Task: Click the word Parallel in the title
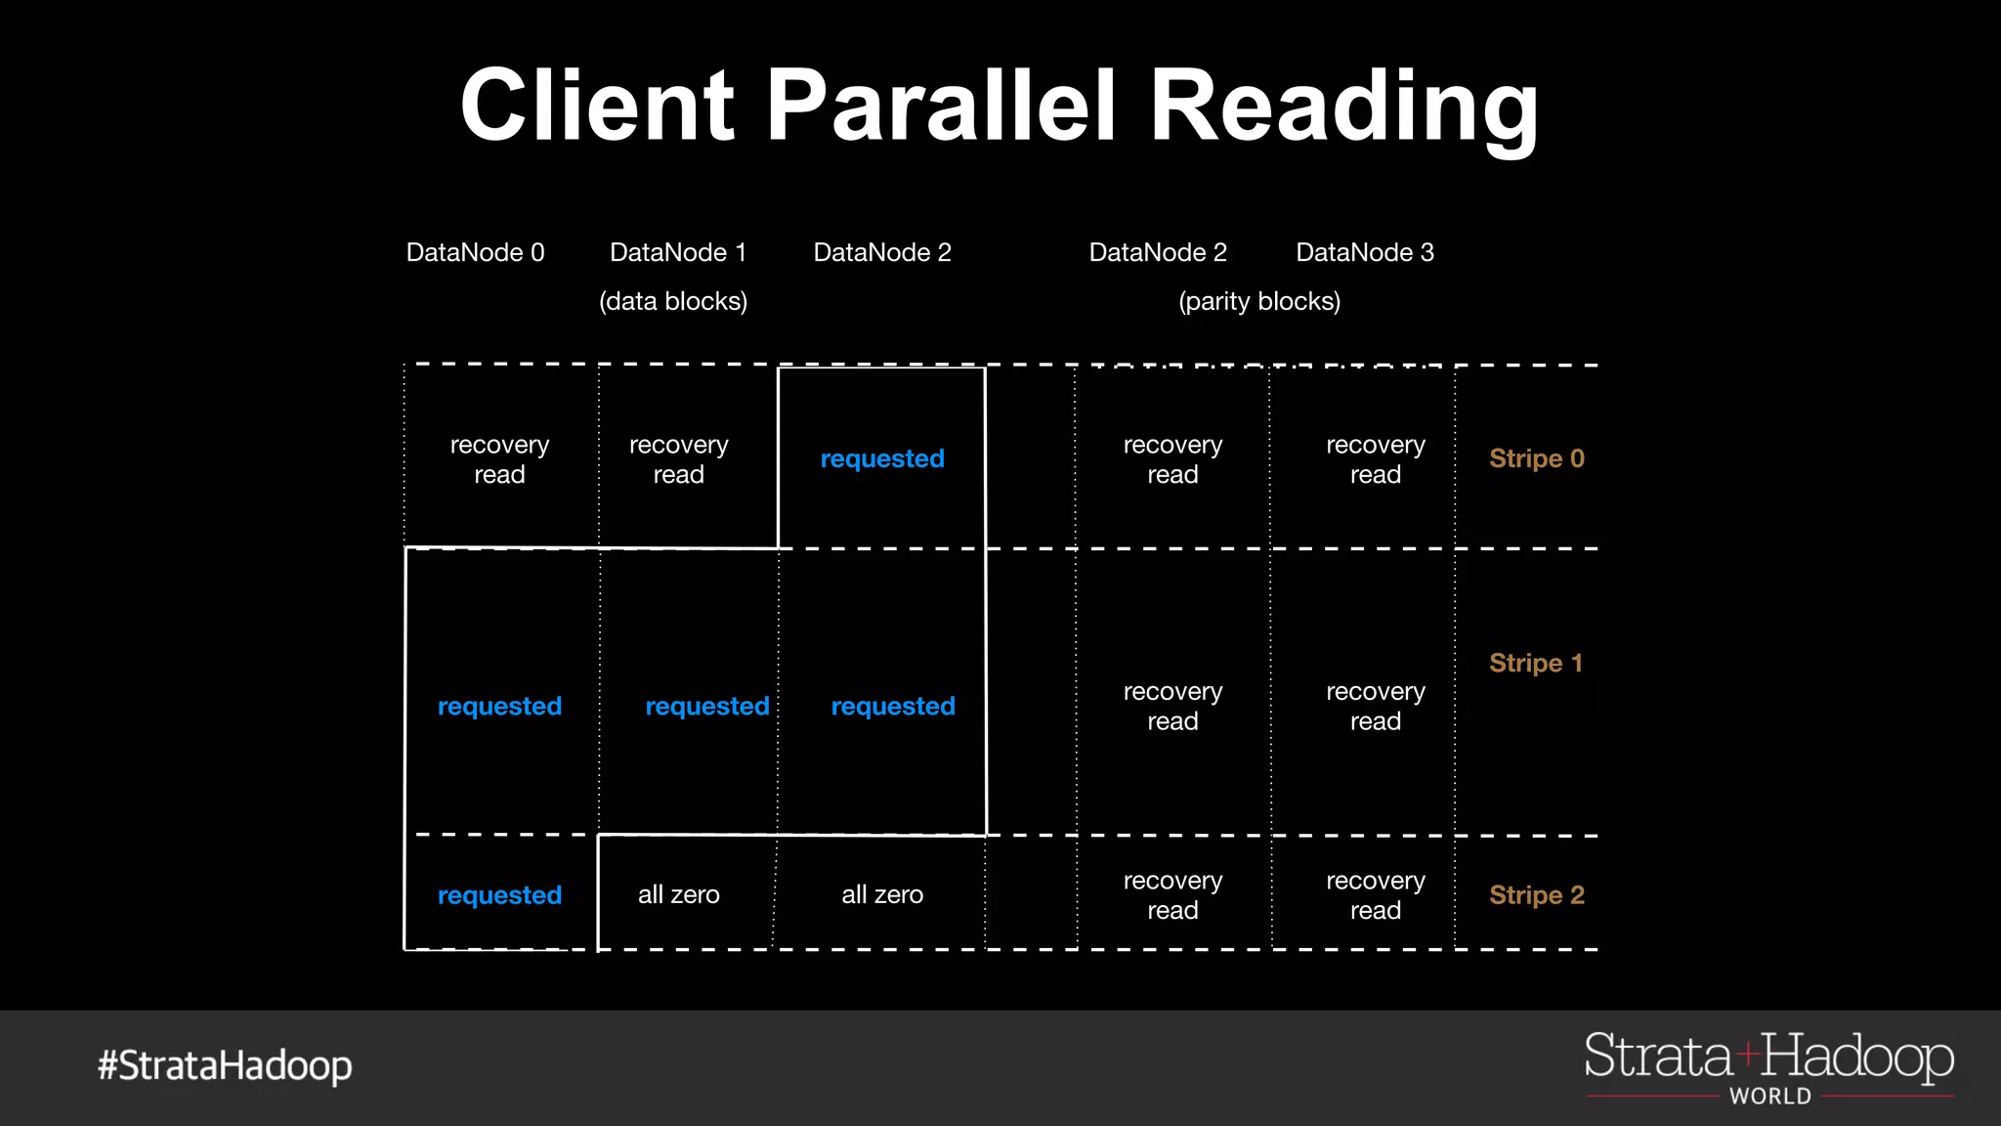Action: [940, 105]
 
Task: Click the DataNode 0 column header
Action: [475, 252]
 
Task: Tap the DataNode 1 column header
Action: [678, 252]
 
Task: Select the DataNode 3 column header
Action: [1364, 252]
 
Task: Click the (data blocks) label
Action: [673, 301]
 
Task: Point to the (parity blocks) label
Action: [1259, 301]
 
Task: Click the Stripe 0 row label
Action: [1536, 458]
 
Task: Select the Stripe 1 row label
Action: [1536, 663]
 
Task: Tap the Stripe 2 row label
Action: [1536, 894]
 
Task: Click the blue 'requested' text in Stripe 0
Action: [882, 458]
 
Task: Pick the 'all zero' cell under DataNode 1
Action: [678, 894]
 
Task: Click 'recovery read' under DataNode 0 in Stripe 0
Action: [499, 459]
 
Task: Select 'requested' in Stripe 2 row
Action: [499, 894]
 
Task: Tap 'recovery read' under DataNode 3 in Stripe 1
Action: [1375, 706]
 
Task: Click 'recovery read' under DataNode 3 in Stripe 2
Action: [1375, 894]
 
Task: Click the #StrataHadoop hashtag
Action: [225, 1065]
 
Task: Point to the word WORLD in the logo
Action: [1769, 1097]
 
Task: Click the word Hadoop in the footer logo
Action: [1857, 1058]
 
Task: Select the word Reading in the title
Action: [1343, 105]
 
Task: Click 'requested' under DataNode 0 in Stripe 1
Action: [499, 706]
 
